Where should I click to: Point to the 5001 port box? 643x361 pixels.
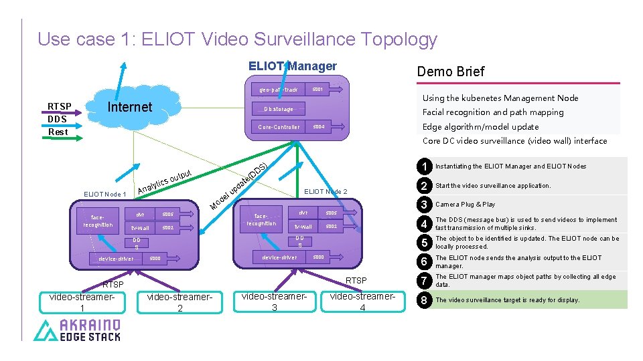tap(317, 89)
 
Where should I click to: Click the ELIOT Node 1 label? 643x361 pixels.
tap(105, 195)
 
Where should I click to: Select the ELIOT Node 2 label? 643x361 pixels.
tap(326, 192)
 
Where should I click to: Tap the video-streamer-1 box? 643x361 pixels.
tap(82, 303)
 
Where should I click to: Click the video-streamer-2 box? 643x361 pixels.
tap(180, 303)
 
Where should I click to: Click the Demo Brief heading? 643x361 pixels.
tap(450, 72)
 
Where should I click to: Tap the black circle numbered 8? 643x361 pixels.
tap(423, 300)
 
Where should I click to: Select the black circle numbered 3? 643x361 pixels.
tap(423, 205)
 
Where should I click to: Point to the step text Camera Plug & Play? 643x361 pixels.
tap(466, 205)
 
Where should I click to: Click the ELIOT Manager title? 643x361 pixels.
tap(293, 66)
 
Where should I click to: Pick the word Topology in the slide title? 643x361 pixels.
tap(399, 39)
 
